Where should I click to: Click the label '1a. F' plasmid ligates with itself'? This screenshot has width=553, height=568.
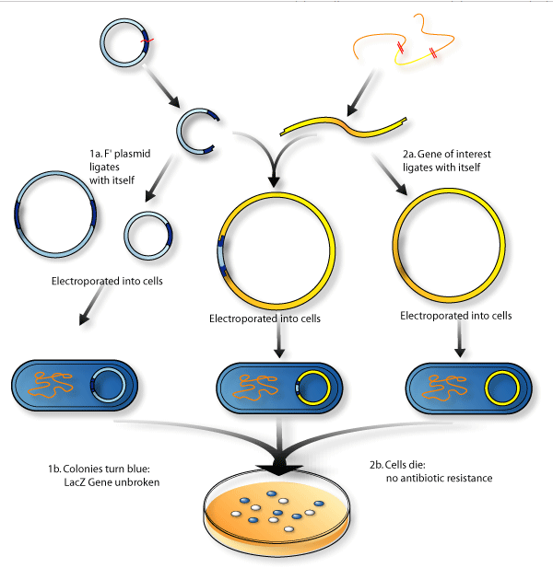click(120, 167)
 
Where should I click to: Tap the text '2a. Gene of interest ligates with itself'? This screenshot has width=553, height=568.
click(446, 160)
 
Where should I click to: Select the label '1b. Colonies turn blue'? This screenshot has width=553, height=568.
click(99, 469)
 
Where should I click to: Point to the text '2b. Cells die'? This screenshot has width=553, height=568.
click(397, 464)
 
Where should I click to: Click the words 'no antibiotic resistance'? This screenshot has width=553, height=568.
click(439, 478)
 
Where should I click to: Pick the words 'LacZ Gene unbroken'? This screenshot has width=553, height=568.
click(112, 482)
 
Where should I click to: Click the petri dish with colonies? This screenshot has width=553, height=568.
click(276, 512)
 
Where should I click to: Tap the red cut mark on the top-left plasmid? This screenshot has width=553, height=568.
click(147, 41)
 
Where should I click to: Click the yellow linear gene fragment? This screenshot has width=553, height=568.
click(344, 126)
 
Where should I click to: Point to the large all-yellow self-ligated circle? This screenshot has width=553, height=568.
click(393, 245)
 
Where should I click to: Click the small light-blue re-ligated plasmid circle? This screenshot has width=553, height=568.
click(125, 236)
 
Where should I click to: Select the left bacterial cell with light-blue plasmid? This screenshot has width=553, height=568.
click(75, 386)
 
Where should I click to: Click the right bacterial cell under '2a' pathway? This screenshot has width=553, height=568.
click(468, 388)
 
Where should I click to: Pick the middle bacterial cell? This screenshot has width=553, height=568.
click(279, 388)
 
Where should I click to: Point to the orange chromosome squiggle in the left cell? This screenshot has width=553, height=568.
click(50, 385)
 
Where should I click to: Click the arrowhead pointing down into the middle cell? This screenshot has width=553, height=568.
click(279, 353)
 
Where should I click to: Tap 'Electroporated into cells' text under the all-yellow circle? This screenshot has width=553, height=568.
click(456, 316)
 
